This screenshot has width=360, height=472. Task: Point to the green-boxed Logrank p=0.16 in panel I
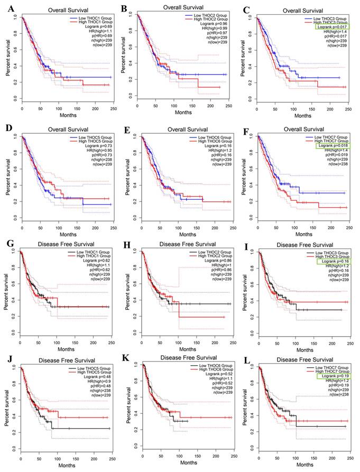point(329,262)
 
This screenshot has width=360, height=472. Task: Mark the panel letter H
point(125,243)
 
